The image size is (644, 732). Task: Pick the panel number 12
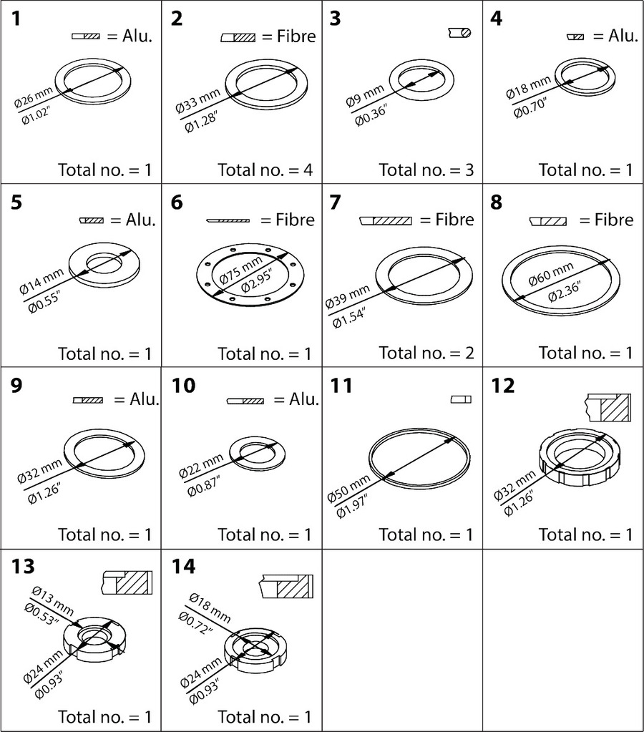coord(504,385)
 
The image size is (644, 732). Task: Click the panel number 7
coord(335,202)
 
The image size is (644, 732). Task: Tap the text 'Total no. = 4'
coord(265,170)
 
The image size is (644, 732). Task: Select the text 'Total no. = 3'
coord(426,170)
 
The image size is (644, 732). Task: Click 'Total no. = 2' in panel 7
coord(426,353)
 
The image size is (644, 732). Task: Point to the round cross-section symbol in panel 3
coord(459,32)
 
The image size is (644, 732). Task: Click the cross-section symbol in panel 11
coord(461,399)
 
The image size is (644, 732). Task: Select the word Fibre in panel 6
coord(295,220)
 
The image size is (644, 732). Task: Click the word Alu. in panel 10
coord(304,400)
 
